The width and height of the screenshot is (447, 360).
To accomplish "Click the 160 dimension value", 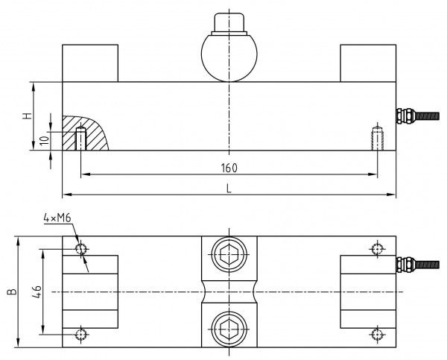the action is pos(229,168).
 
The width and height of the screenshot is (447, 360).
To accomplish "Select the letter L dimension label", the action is pos(229,189).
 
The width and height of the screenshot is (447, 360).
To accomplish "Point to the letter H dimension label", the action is pos(28,116).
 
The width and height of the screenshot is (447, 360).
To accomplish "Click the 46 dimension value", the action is pos(37,291).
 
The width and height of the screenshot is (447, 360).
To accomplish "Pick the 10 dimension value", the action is pos(45,140).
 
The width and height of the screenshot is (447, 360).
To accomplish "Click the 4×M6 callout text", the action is pos(57,218).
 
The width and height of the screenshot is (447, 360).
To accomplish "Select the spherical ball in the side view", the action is pos(229,57).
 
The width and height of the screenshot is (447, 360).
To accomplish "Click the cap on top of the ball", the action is pos(229,24).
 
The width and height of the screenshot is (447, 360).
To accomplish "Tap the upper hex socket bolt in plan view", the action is pos(229,254).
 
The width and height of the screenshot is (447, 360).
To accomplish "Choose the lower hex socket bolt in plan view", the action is pos(229,329).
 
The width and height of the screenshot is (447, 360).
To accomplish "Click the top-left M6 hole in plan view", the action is pos(81,249).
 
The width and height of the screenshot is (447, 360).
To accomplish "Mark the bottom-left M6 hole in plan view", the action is pos(81,334).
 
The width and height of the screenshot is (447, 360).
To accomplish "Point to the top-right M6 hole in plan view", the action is pos(378,249).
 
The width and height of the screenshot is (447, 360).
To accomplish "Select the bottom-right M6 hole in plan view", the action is pos(378,334).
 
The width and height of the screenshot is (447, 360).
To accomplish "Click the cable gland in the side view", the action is pos(418,116).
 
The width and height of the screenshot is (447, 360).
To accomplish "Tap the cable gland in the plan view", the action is pos(418,265).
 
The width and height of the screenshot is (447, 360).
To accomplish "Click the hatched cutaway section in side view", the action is pos(85,133).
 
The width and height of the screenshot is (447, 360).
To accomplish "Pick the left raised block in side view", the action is pos(90,63).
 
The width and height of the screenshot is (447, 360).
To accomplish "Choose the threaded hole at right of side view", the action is pos(378,138).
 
